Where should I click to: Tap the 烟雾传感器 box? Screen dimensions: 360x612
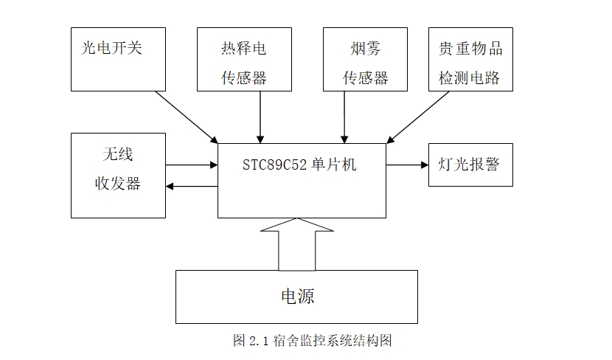[x=365, y=59]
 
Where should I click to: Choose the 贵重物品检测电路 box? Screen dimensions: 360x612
[x=470, y=59]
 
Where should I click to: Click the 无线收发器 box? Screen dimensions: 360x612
[x=118, y=176]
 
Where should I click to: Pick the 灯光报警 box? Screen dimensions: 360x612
[x=470, y=165]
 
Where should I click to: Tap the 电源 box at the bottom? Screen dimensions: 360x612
[x=296, y=297]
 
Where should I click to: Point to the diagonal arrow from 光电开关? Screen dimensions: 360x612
[x=187, y=117]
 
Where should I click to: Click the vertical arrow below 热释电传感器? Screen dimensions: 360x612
[x=260, y=117]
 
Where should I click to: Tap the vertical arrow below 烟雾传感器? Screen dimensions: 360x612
[x=344, y=117]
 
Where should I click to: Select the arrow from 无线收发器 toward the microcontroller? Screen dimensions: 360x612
[x=192, y=165]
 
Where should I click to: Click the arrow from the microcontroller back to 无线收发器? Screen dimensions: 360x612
[x=192, y=187]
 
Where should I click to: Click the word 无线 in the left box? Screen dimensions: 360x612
[x=118, y=156]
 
